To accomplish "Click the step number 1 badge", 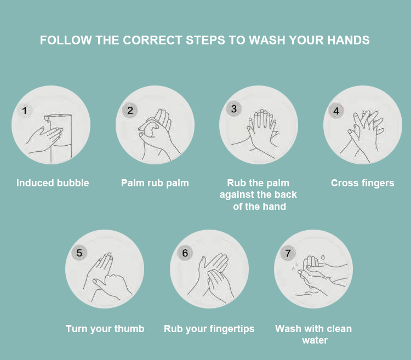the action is point(25,110).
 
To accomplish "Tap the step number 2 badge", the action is point(130,110).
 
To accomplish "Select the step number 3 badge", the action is point(234,108).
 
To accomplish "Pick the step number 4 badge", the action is point(336,111).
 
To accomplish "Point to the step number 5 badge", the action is point(79,253).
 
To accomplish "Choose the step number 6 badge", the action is point(185,253).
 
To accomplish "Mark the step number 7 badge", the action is point(288,253).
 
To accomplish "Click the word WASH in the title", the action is point(267,41).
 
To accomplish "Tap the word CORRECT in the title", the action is point(152,41).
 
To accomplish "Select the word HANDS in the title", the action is point(349,41).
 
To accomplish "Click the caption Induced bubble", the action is point(53,183).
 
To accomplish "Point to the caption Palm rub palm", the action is point(155,183).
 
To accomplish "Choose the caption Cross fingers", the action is point(363,183).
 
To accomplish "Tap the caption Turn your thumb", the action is point(105,329).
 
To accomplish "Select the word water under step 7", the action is point(315,340).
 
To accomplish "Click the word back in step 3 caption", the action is point(286,195).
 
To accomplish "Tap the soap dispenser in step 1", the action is point(58,138).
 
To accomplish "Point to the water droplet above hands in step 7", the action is point(323,256).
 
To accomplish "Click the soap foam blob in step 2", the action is point(151,129).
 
